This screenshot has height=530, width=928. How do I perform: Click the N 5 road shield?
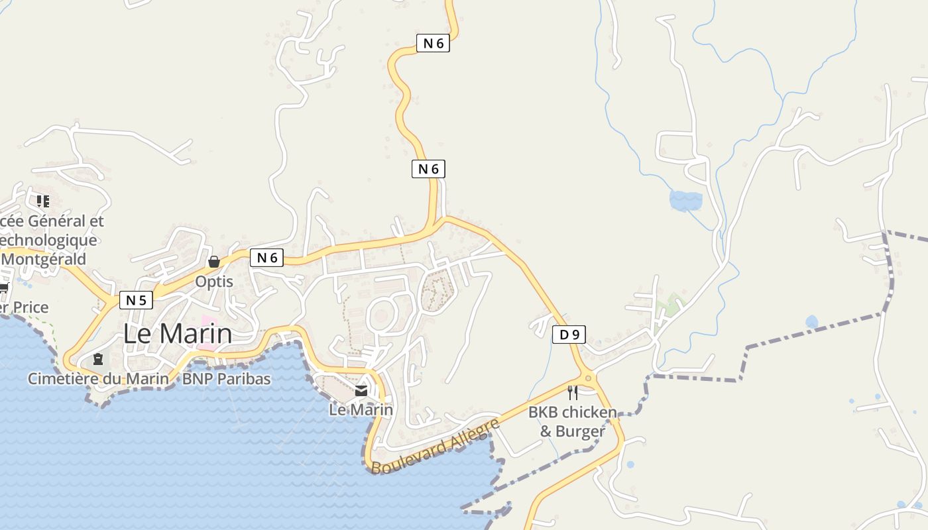click(x=136, y=301)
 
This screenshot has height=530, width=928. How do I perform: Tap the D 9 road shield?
click(x=569, y=335)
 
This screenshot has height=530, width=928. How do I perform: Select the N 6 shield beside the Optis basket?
click(x=266, y=258)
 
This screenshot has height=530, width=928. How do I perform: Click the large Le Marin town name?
click(x=178, y=334)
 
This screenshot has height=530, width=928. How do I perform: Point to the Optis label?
click(x=214, y=282)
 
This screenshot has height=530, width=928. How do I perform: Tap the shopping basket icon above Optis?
click(x=213, y=262)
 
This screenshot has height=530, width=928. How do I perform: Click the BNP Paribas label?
click(x=226, y=379)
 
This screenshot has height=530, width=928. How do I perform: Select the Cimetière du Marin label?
click(x=98, y=379)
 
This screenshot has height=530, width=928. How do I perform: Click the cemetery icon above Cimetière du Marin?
click(x=98, y=359)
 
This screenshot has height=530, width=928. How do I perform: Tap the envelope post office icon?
click(x=361, y=391)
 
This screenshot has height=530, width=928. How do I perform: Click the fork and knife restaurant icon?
click(x=573, y=393)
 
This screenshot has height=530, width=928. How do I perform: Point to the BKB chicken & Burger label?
click(x=572, y=421)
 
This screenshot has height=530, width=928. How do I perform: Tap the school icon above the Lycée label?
click(x=43, y=201)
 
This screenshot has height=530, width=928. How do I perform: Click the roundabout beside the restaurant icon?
click(x=588, y=378)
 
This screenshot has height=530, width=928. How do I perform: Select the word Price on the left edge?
click(x=30, y=307)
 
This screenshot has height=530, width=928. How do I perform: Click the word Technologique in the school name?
click(x=49, y=240)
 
